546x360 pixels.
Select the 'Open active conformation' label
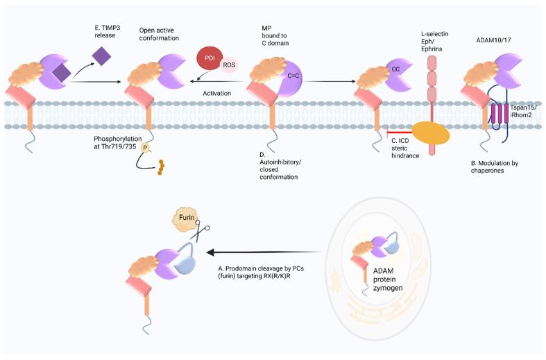159,33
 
